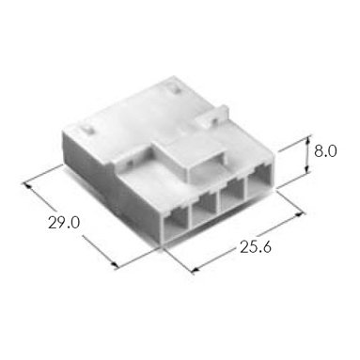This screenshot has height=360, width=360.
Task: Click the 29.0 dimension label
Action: click(x=64, y=223)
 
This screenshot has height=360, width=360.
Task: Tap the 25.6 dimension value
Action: click(x=256, y=247)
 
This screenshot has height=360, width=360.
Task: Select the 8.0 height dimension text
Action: click(x=325, y=152)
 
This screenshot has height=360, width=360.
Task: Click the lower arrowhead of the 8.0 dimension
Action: click(x=308, y=169)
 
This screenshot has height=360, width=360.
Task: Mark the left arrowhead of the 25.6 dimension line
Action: click(x=195, y=269)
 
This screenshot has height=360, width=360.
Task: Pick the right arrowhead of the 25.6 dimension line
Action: click(x=300, y=215)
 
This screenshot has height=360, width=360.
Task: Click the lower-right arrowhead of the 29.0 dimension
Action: click(x=115, y=265)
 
